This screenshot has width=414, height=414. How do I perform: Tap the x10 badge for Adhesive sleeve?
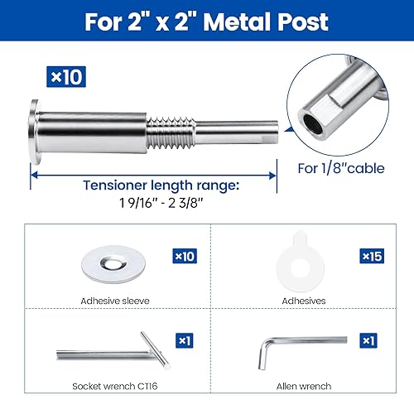(x=184, y=257)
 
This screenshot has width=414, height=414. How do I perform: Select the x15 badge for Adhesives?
(x=371, y=257)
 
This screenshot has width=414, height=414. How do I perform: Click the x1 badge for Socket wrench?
(x=184, y=340)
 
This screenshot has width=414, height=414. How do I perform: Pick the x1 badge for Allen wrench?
(x=369, y=340)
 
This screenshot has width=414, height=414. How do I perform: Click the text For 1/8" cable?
(x=339, y=169)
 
